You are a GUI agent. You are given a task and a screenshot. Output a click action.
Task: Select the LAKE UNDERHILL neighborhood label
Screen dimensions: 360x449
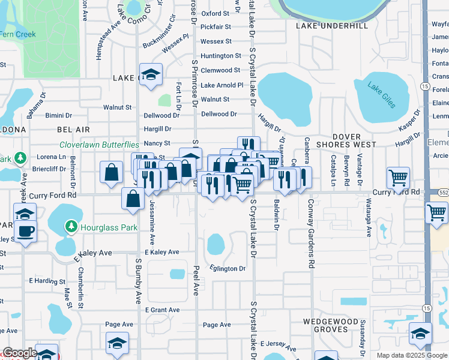pos(331,26)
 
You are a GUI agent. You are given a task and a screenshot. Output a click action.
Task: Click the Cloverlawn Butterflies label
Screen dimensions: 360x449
pos(99,145)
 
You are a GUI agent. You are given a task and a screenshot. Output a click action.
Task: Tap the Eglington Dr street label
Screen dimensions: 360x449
pos(228,268)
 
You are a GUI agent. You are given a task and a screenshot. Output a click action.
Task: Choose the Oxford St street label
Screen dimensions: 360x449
pos(215,13)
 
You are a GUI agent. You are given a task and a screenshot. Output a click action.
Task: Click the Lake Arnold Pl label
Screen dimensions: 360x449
pos(221,85)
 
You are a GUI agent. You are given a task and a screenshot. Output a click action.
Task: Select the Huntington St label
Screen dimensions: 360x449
pos(221,56)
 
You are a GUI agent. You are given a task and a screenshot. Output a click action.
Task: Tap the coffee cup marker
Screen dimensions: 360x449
pos(25,231)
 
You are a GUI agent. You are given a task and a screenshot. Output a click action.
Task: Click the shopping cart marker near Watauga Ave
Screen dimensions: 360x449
pos(398,178)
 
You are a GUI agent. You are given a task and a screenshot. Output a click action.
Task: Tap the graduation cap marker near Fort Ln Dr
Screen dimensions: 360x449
pos(151,74)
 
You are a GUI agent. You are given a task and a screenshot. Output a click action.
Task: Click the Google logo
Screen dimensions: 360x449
pos(20,353)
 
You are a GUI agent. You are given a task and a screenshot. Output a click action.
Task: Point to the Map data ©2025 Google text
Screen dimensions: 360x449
pos(412,355)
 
